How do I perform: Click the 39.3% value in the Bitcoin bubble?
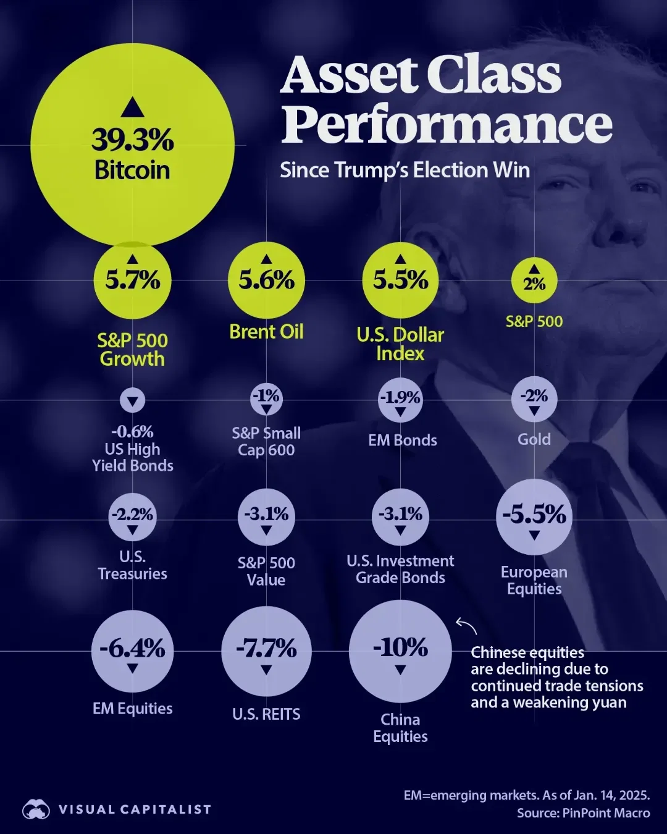pos(133,140)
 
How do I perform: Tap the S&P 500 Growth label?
pos(132,350)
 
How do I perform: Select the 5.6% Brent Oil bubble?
pos(266,280)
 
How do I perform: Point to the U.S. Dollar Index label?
pos(400,344)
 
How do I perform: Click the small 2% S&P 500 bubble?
pos(534,281)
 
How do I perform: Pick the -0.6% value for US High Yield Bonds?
pos(132,431)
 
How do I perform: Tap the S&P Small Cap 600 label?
pos(266,441)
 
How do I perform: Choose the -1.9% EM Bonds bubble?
pos(400,400)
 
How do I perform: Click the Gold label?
pos(534,439)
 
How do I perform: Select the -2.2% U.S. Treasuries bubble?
pos(132,516)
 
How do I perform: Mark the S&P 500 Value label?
pos(266,571)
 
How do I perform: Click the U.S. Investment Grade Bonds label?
pos(400,569)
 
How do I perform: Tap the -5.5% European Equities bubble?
pos(534,516)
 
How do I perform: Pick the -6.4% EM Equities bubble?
pos(132,651)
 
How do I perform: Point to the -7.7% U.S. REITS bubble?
pos(266,651)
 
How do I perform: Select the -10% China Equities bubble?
pos(400,651)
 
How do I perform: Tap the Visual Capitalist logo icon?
pos(36,809)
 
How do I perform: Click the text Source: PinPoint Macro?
pos(583,813)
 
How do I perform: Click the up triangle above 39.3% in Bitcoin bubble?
pos(132,107)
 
